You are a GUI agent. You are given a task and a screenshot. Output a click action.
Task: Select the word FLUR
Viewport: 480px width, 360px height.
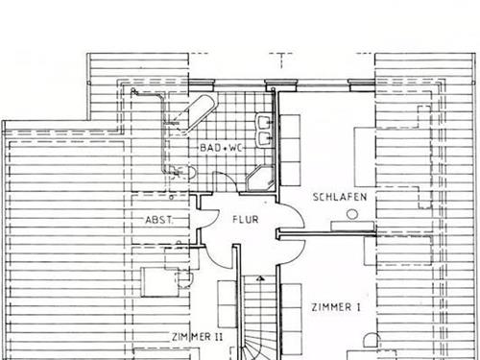click(x=246, y=219)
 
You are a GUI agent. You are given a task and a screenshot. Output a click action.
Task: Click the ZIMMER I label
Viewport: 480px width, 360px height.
click(x=336, y=307)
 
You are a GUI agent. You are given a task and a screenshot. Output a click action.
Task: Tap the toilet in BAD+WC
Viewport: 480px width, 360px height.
click(x=187, y=173)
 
